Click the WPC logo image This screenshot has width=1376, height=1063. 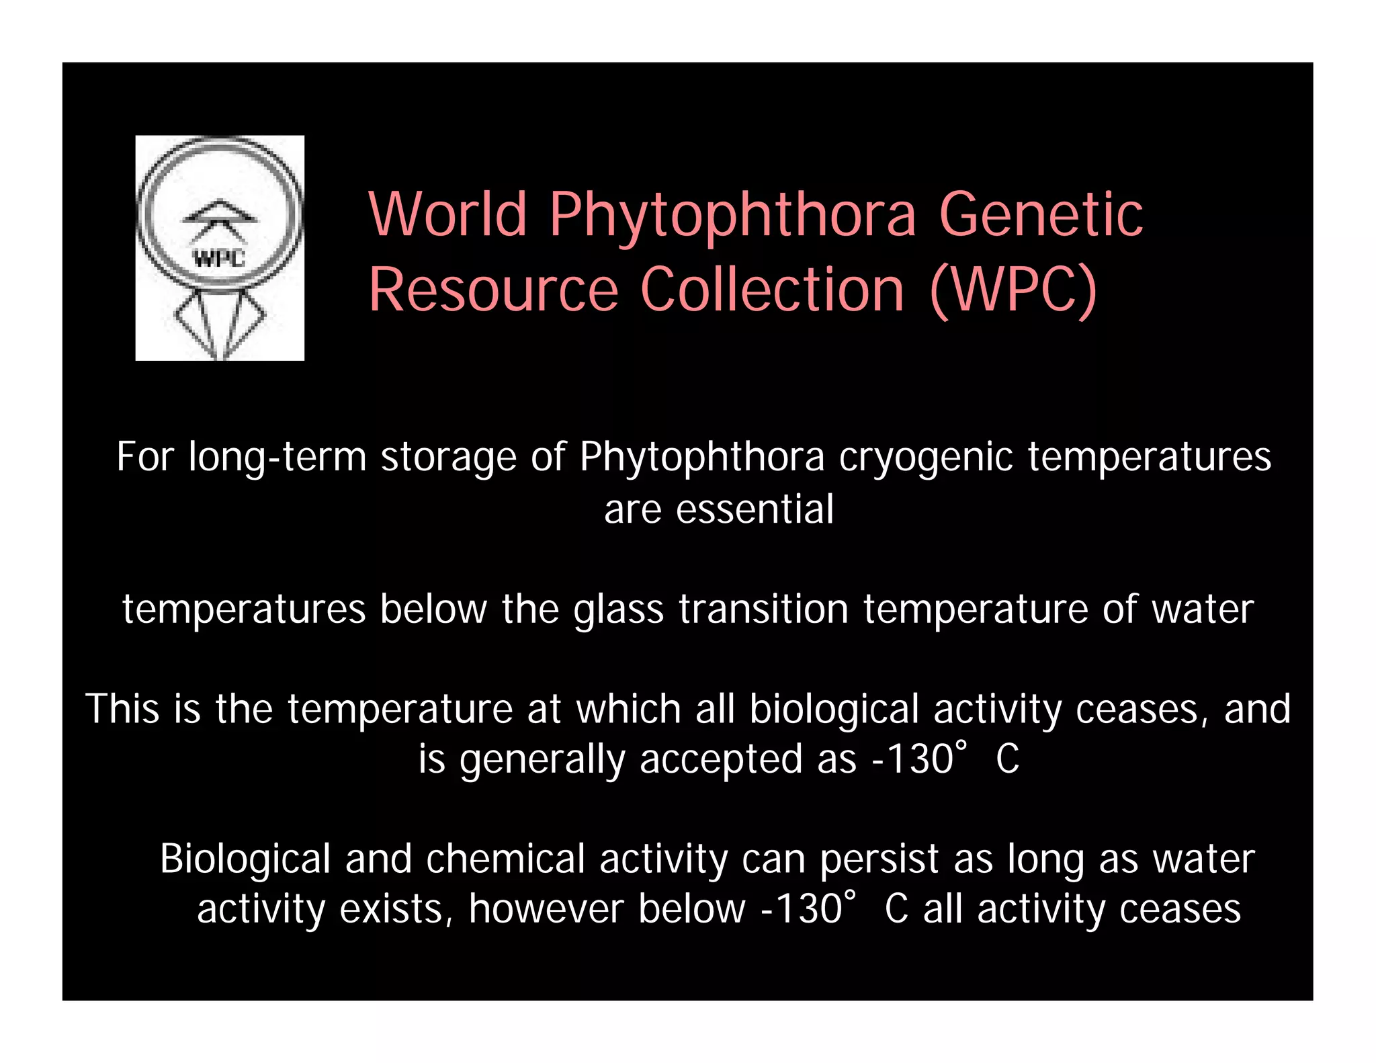(220, 248)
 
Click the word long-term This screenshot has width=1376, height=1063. (277, 458)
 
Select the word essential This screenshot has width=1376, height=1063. (755, 509)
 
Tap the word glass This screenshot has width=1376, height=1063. (618, 610)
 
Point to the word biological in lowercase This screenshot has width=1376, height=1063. (834, 710)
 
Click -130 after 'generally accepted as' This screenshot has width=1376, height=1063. (912, 760)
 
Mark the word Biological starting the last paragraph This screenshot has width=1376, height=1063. (245, 859)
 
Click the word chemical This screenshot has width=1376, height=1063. (505, 859)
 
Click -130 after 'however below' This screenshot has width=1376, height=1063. (801, 910)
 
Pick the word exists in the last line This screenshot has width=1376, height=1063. (390, 910)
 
